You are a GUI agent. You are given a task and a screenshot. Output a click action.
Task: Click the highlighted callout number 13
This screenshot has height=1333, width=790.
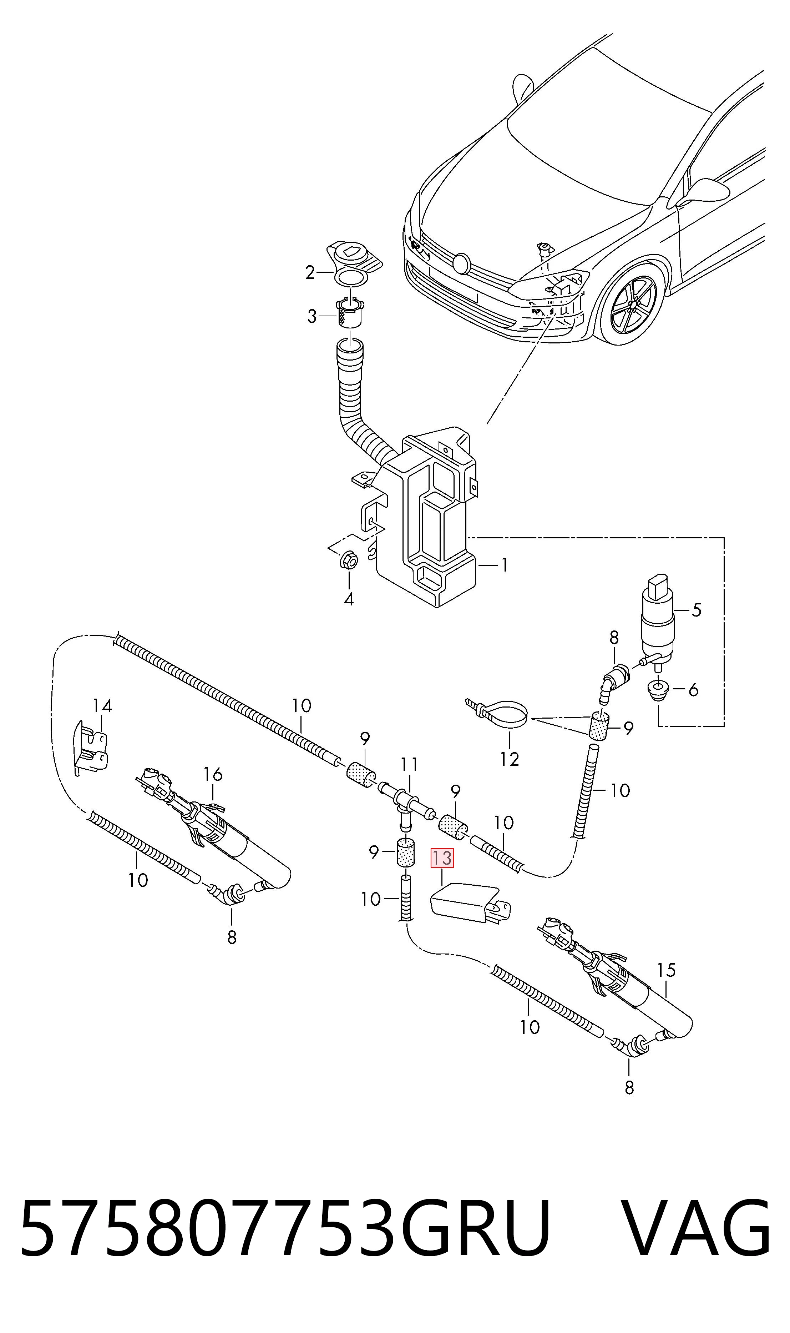(442, 858)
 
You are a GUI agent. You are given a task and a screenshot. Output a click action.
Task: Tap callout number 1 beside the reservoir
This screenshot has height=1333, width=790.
(503, 564)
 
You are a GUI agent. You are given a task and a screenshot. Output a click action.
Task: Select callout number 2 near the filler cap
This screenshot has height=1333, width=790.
(310, 273)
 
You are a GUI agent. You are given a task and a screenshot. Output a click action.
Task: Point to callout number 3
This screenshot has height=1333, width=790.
(312, 316)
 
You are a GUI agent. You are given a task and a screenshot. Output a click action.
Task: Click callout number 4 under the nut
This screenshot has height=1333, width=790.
(349, 599)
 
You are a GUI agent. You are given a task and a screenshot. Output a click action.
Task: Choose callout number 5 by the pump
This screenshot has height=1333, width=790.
(696, 610)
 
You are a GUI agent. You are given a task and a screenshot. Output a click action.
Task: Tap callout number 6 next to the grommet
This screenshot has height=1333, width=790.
(693, 690)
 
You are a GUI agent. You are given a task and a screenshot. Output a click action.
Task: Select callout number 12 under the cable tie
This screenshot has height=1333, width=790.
(510, 759)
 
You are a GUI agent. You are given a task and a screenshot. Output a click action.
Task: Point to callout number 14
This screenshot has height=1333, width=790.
(102, 706)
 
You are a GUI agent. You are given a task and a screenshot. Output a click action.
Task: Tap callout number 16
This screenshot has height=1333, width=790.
(213, 774)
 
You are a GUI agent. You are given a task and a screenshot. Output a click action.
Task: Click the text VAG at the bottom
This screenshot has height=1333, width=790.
(695, 1249)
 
